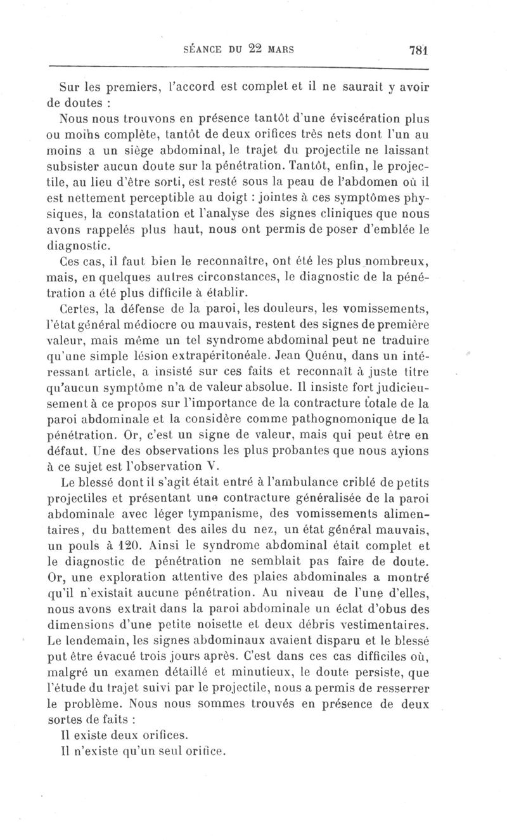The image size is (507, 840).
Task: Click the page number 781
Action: coord(418,50)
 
